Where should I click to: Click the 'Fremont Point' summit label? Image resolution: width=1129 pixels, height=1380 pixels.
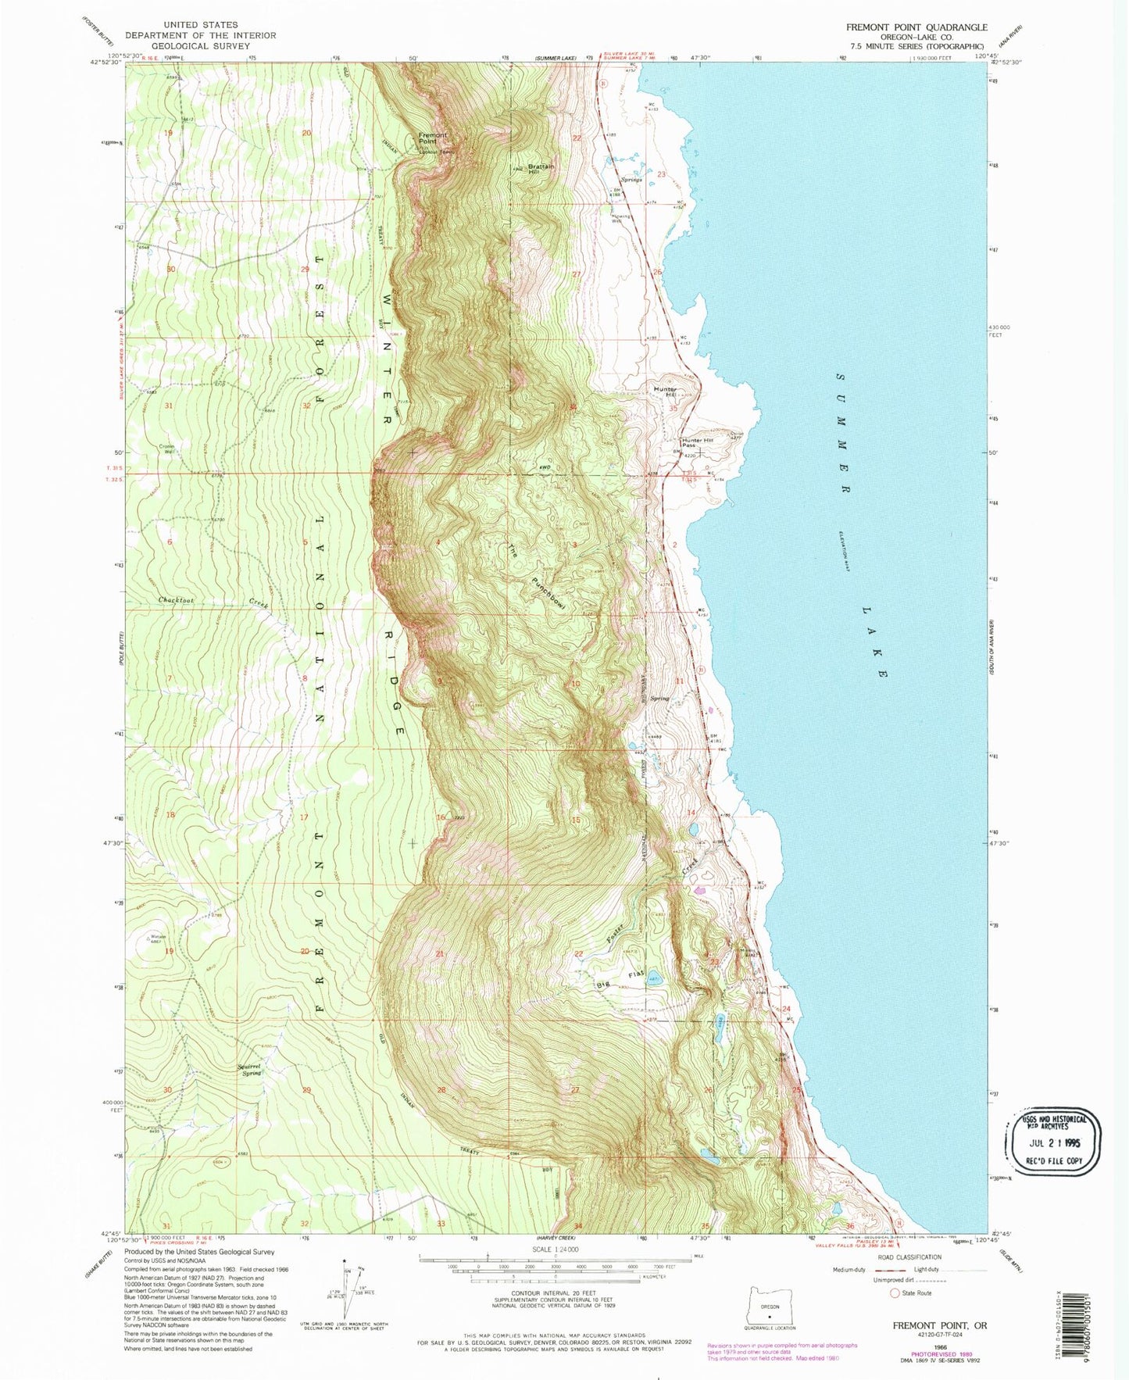433,139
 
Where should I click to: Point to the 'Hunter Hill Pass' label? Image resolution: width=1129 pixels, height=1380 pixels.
697,442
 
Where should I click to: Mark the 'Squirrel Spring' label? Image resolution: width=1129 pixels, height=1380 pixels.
250,1071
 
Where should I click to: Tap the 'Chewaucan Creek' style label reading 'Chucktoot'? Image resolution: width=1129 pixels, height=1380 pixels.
177,601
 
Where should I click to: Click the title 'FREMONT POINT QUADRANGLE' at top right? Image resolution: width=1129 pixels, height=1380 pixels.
916,27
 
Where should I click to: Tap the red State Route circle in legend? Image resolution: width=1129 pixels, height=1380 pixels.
895,1293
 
